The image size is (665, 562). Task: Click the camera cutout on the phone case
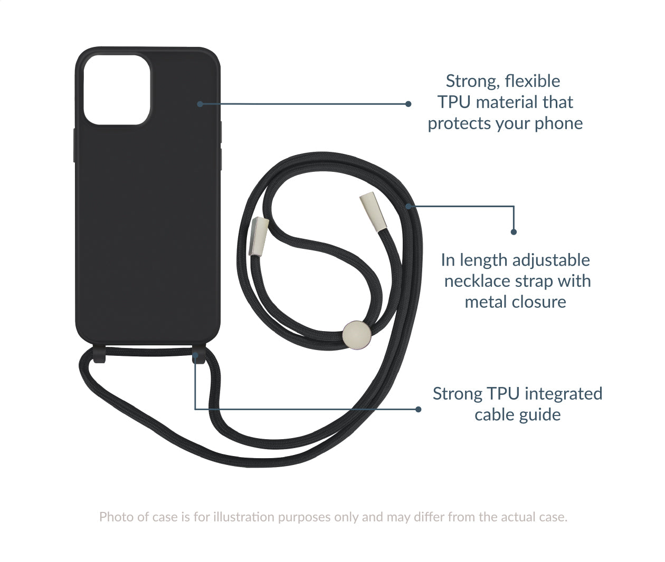coord(117,90)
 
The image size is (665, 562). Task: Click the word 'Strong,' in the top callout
coord(472,81)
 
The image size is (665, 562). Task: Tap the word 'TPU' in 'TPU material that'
coord(453,102)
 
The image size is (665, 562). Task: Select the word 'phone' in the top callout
coord(558,123)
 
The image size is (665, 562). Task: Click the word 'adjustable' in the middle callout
coord(551,260)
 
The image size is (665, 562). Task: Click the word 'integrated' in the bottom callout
coord(563,394)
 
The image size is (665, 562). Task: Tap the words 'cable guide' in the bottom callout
coord(517,415)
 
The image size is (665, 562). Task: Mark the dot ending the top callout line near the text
coord(408,104)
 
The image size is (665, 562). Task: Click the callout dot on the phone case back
coord(200,104)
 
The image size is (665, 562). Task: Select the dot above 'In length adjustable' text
coord(514,231)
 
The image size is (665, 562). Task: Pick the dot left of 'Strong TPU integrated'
coord(419,409)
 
